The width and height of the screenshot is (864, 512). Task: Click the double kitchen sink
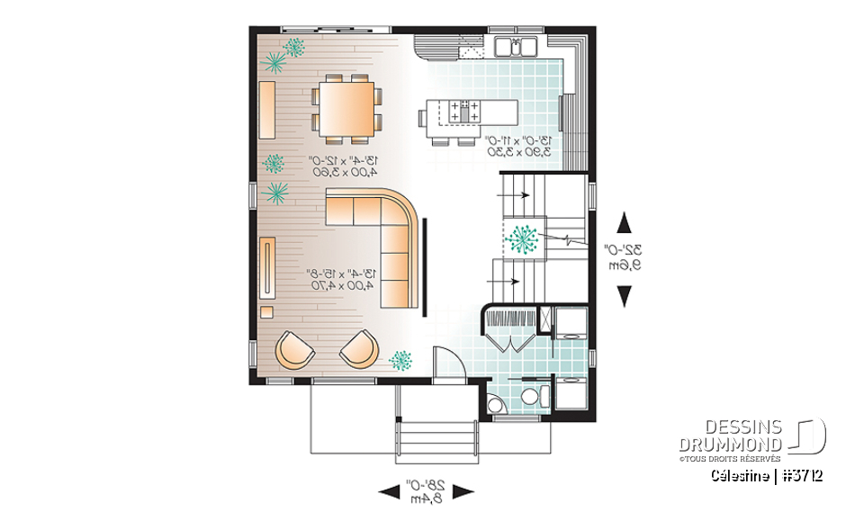(x=516, y=47)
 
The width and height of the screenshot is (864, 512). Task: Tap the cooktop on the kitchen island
(x=463, y=112)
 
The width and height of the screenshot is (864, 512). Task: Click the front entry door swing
(x=446, y=364)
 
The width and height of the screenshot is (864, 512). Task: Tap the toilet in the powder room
(x=530, y=397)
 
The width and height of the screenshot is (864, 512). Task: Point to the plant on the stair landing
(x=522, y=239)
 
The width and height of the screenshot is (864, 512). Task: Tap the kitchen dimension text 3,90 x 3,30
(x=518, y=153)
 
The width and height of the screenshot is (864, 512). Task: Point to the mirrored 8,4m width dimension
(x=426, y=496)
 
